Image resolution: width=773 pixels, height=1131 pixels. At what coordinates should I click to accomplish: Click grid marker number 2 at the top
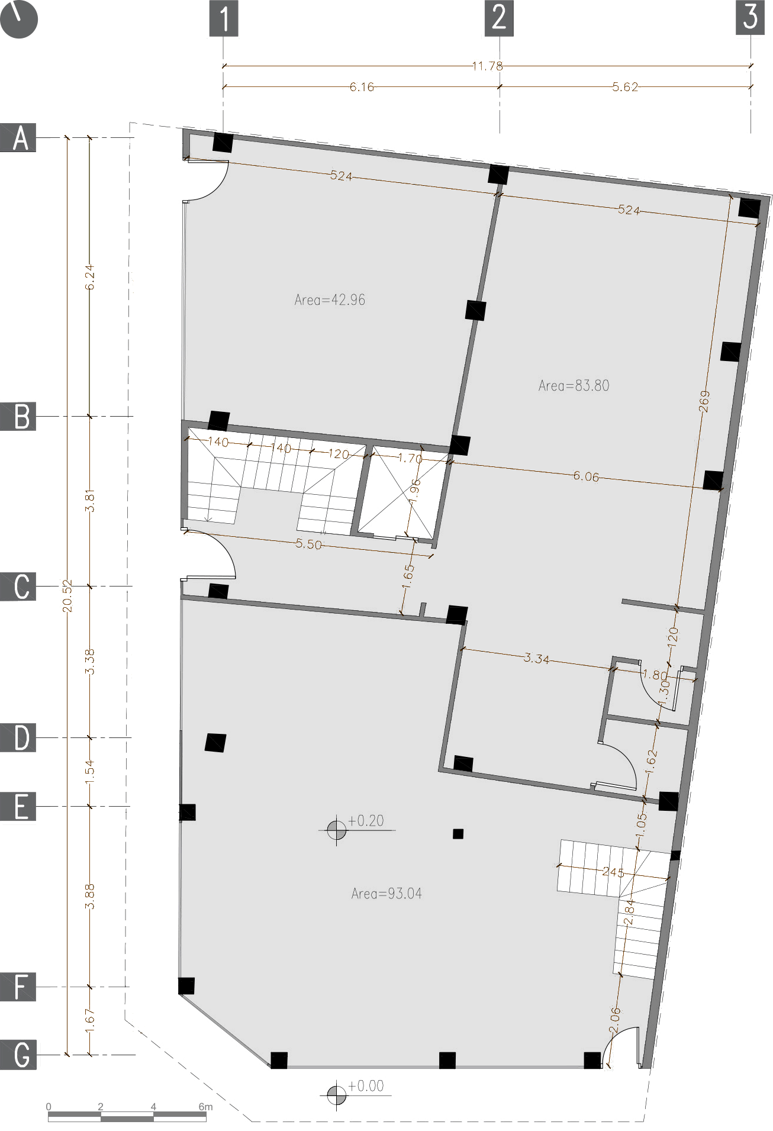(499, 18)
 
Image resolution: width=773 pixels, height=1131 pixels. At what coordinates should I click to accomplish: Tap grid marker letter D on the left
(18, 737)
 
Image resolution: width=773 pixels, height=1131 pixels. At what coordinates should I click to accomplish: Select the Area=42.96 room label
(330, 300)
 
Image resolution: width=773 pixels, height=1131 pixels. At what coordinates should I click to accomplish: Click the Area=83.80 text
(574, 386)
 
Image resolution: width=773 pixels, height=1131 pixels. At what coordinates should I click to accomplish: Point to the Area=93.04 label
(386, 894)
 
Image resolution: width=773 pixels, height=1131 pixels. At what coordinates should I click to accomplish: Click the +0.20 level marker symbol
(337, 830)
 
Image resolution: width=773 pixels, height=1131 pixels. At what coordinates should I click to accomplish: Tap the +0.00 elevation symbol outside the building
(337, 1094)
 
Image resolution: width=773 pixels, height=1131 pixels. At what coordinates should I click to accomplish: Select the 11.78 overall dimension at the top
(487, 66)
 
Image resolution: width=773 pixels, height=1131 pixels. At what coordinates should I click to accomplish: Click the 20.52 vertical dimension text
(67, 595)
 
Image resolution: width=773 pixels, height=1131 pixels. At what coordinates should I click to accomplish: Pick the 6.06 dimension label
(585, 476)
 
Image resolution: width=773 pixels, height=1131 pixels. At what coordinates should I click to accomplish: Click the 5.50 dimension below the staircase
(308, 544)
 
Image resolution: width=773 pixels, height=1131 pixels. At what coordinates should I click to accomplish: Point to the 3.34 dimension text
(536, 658)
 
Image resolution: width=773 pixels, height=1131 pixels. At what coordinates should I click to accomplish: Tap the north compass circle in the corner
(19, 19)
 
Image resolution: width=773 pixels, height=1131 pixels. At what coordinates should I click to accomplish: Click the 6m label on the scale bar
(205, 1106)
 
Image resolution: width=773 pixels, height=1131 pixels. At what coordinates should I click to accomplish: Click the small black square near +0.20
(458, 834)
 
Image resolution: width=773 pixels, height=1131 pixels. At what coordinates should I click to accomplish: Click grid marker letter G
(18, 1055)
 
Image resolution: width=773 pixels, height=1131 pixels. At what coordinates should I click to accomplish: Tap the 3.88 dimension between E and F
(89, 896)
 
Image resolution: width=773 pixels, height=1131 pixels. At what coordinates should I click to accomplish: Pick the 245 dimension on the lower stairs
(613, 872)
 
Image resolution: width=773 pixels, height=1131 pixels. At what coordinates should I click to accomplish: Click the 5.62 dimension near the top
(625, 87)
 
